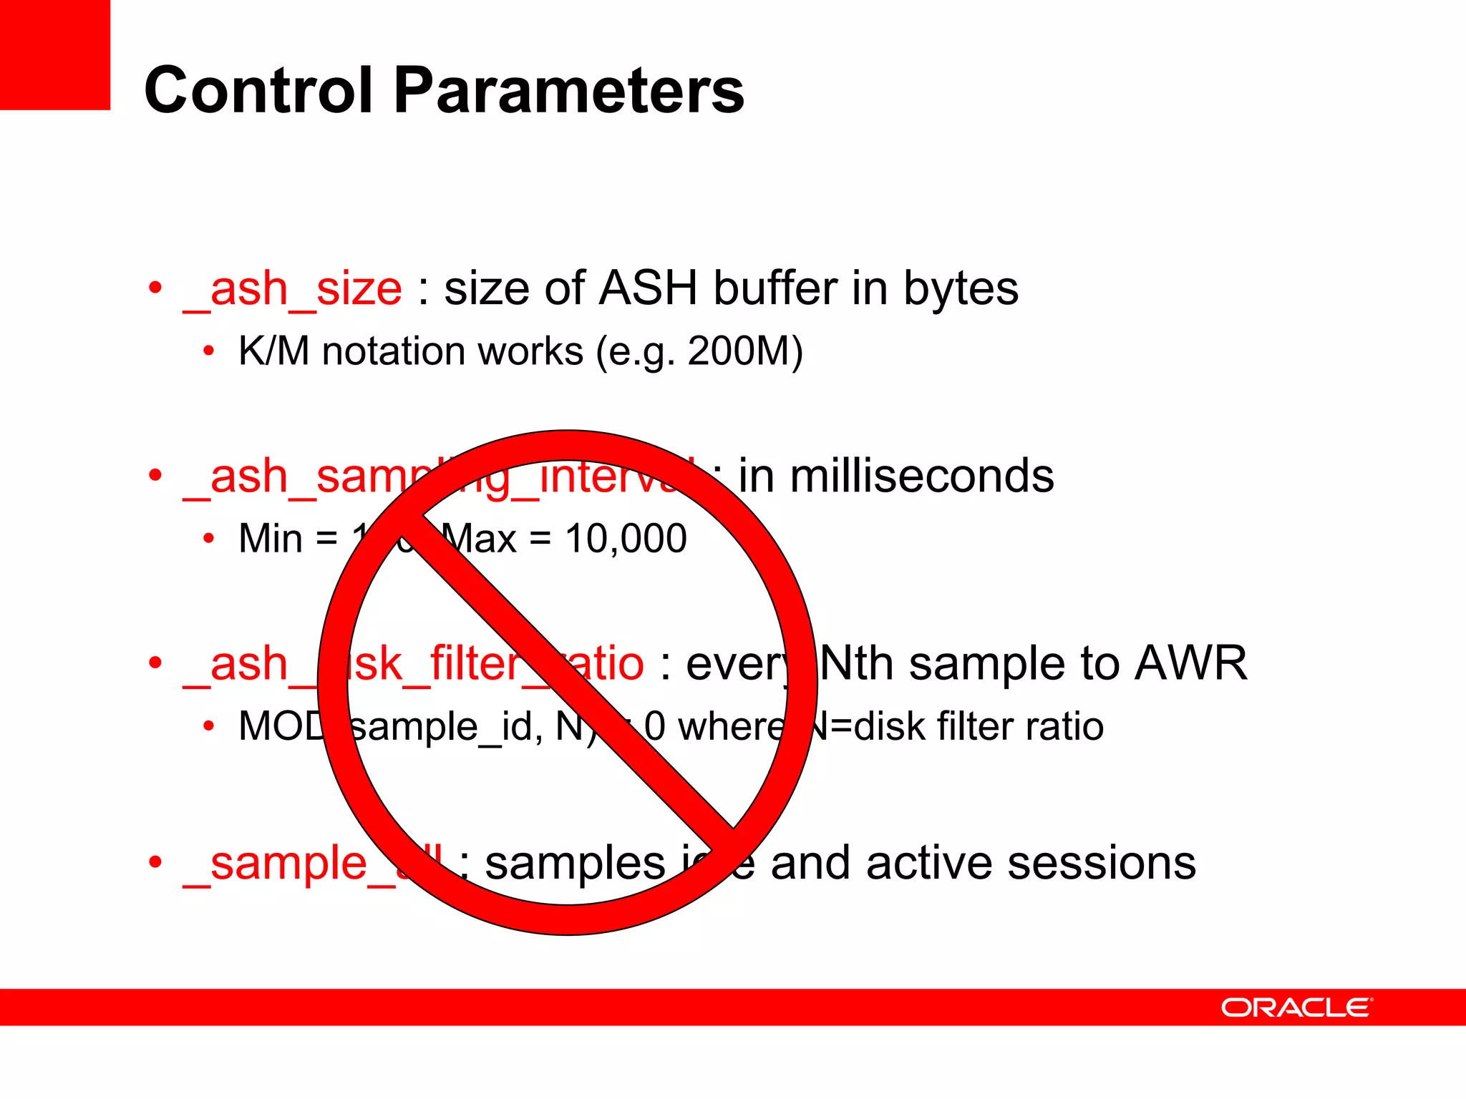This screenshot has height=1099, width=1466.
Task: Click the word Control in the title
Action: coord(258,90)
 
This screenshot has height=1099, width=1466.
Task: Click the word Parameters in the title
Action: coord(569,90)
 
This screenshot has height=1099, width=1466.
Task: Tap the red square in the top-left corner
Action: coord(54,54)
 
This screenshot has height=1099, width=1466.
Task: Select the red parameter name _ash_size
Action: coord(292,290)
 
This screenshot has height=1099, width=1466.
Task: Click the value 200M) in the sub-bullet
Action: coord(744,351)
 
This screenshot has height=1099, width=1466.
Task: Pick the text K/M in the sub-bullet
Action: coord(273,351)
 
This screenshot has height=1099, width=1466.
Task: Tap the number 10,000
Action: coord(626,539)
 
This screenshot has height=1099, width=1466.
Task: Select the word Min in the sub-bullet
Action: coord(271,539)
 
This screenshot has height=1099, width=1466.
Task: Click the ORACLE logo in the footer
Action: coord(1296,1007)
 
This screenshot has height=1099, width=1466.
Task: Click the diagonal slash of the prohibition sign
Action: coord(573,680)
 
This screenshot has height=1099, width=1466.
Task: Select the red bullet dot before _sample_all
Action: coord(155,862)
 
